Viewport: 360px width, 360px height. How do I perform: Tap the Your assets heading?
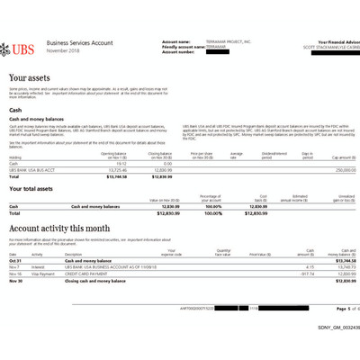30,80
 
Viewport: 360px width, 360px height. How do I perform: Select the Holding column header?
15,157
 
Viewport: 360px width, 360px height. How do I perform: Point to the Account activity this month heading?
63,229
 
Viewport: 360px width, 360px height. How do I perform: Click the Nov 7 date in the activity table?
15,266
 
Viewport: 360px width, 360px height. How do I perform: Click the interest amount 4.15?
284,266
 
